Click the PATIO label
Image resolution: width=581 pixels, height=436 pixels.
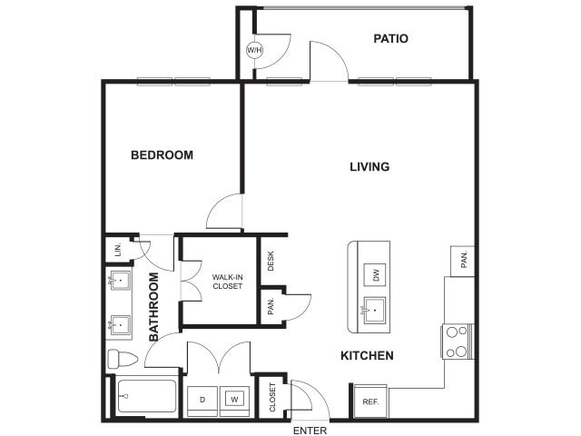pos(390,38)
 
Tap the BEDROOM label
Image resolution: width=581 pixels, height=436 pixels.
pos(162,154)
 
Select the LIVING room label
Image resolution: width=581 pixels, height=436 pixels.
pos(369,166)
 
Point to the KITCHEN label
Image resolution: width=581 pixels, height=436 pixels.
pos(367,355)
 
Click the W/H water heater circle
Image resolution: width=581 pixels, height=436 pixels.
pos(254,49)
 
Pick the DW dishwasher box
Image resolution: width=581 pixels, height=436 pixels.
pos(373,274)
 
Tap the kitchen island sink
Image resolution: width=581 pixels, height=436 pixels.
pos(373,311)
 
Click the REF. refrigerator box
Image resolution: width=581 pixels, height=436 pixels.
pos(370,401)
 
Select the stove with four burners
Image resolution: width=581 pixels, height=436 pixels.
pos(457,342)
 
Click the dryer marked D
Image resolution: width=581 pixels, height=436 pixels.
pos(202,399)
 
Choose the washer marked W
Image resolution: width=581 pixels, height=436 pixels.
pos(234,399)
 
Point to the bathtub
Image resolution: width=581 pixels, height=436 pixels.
pos(145,397)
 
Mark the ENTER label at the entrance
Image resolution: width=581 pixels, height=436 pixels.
pos(310,430)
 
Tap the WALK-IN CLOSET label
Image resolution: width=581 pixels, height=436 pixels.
pos(228,281)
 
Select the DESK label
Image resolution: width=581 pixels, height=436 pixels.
pos(271,261)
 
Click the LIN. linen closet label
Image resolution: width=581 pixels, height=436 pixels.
pos(118,249)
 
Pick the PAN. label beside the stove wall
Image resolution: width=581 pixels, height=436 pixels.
pos(463,262)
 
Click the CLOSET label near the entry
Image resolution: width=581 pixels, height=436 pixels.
pos(272,397)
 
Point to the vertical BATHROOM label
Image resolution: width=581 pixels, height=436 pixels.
pos(153,307)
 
